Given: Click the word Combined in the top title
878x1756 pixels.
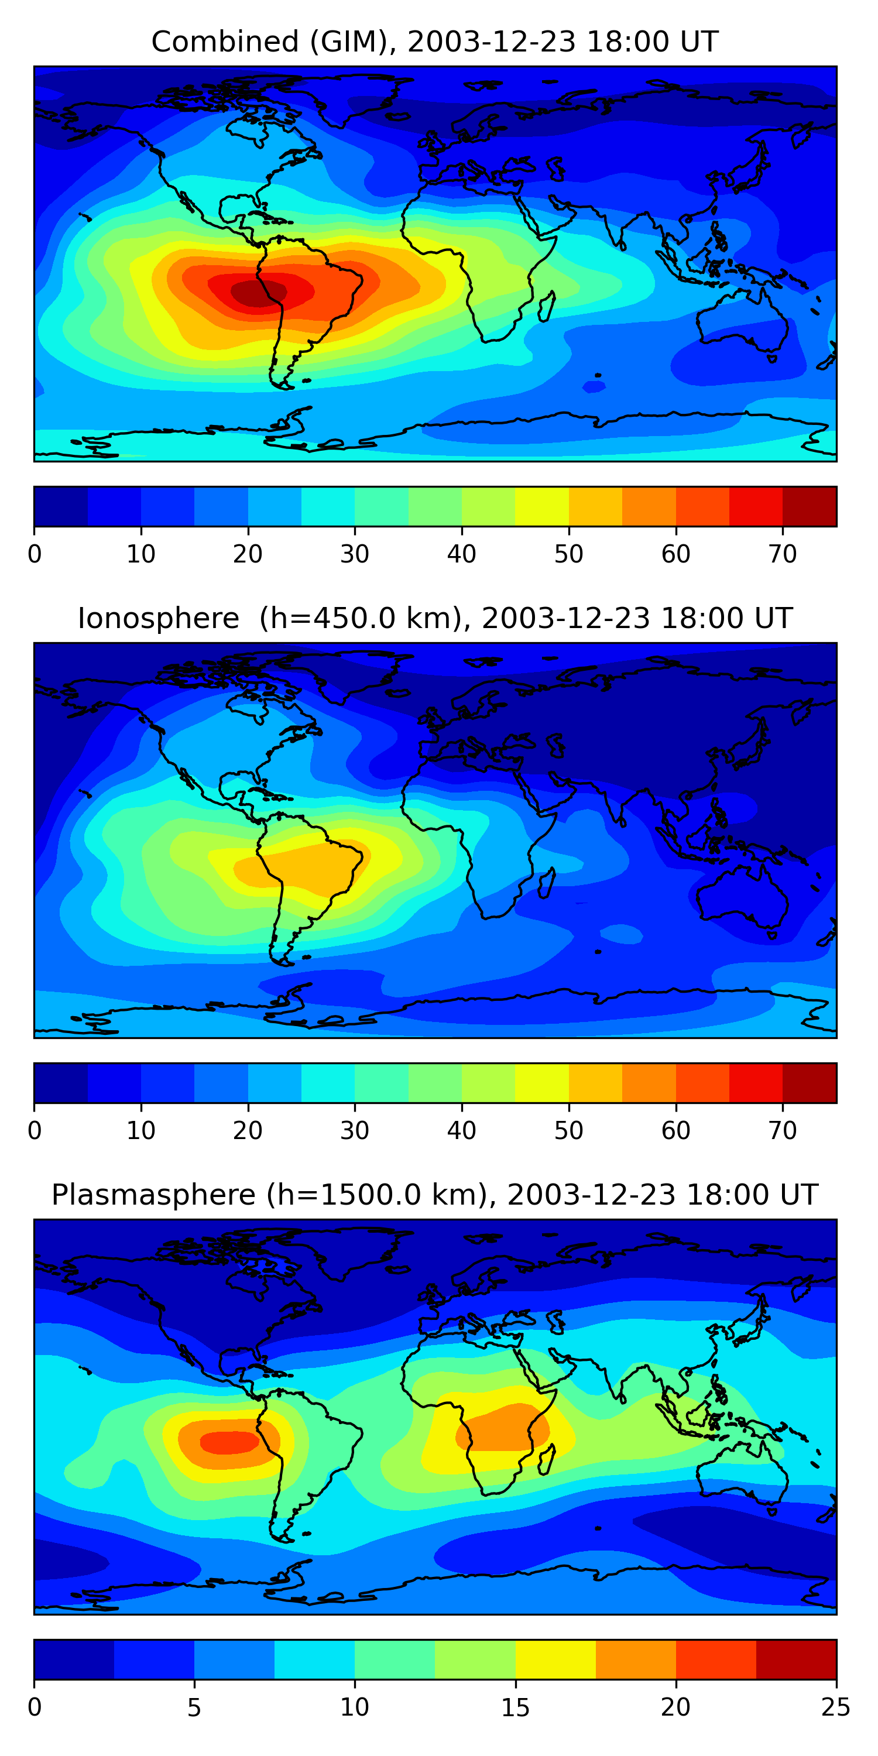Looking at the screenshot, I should [x=224, y=42].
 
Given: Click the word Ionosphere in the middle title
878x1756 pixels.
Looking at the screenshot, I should [x=158, y=618].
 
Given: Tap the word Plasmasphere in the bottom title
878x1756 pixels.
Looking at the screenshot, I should [x=153, y=1195].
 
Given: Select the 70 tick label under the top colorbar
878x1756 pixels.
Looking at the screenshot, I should [x=783, y=554].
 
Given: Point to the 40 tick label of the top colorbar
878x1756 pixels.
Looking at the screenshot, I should [x=461, y=554].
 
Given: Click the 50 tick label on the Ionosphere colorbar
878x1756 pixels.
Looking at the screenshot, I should [x=568, y=1131].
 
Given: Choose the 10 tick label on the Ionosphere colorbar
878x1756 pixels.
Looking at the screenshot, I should [x=140, y=1131].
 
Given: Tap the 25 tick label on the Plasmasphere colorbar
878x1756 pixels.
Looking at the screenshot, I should [x=836, y=1707].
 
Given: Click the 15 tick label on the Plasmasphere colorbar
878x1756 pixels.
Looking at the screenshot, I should [x=515, y=1707].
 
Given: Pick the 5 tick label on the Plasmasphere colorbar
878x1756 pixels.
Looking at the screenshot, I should [x=194, y=1707].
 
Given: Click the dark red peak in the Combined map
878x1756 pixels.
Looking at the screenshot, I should [x=253, y=293].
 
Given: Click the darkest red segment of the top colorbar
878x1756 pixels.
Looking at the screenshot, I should [x=809, y=506].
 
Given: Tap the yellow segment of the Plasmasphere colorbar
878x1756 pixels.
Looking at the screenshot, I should [x=555, y=1660].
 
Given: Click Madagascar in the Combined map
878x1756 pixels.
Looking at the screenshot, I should [x=547, y=306].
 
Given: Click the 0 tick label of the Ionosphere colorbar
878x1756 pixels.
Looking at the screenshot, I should [x=35, y=1131].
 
